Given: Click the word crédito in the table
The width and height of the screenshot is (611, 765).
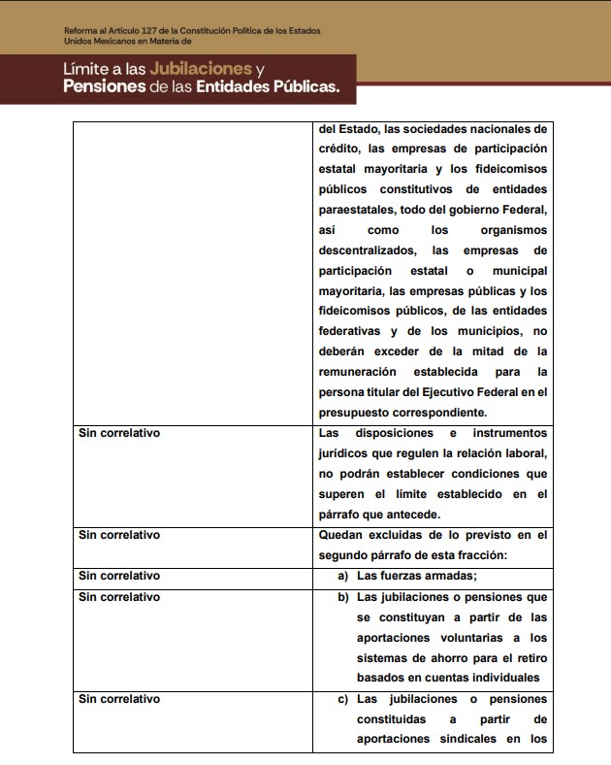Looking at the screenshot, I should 338,149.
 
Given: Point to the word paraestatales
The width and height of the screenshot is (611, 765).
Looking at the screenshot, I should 355,210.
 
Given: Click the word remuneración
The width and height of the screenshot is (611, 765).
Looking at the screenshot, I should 357,372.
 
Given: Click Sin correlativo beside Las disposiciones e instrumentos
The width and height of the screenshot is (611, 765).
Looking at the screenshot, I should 118,433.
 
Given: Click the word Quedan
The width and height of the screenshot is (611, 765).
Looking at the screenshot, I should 340,535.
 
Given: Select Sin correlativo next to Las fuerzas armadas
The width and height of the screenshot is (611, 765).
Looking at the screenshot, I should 118,576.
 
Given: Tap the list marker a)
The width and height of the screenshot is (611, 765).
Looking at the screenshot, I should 343,576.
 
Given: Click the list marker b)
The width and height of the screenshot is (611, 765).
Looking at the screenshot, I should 343,596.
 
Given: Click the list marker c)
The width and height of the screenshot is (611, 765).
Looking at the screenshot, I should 343,699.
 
